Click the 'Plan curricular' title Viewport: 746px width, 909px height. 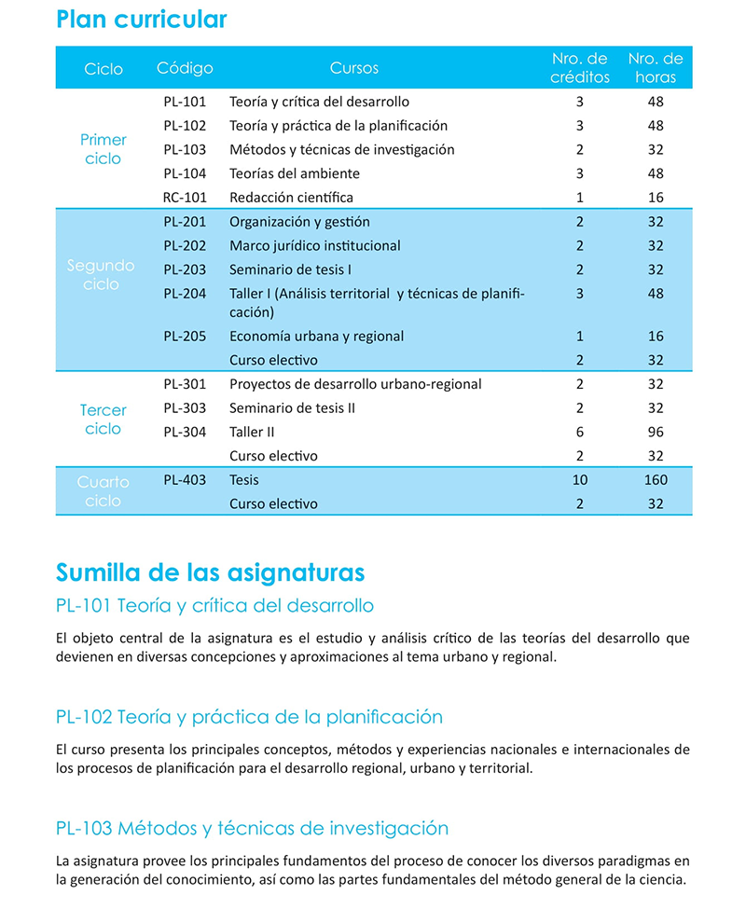pos(141,20)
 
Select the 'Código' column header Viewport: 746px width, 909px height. pos(185,68)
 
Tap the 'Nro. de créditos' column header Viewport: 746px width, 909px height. pos(579,68)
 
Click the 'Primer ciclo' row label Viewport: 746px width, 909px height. pos(103,149)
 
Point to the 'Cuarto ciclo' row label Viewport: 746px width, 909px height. pos(103,491)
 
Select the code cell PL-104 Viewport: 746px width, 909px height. pos(185,173)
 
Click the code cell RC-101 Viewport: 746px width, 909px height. pos(185,198)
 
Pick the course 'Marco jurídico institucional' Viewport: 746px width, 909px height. pos(314,246)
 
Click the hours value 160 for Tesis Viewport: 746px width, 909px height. pos(655,480)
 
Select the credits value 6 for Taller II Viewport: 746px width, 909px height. pos(579,433)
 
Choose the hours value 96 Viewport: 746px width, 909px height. pos(655,433)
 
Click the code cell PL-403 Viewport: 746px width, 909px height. pos(185,480)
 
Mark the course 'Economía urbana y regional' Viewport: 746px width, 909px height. pos(316,337)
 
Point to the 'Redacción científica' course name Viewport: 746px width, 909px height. pos(291,198)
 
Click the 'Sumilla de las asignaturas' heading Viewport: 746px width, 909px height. pos(210,572)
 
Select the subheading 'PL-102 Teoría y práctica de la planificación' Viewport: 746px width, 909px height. pos(249,717)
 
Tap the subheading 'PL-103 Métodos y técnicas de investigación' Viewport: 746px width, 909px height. pos(252,829)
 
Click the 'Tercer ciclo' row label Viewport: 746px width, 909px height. pos(103,420)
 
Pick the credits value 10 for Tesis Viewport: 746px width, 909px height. pos(579,480)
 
